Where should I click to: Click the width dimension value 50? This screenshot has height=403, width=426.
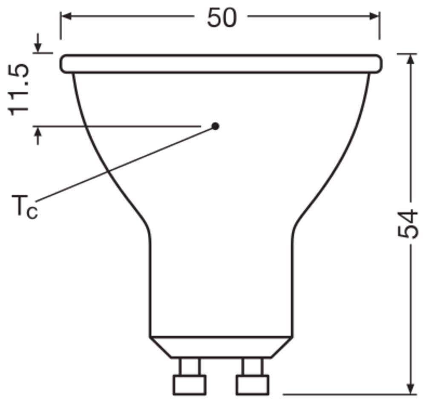(x=221, y=17)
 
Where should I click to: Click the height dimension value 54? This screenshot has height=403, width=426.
(x=407, y=224)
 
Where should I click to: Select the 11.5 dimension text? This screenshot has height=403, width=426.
(x=20, y=89)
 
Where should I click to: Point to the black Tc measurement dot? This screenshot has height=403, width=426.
(x=216, y=126)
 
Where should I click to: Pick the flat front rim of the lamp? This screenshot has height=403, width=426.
(x=221, y=63)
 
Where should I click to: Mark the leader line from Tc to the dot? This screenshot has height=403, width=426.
(x=128, y=162)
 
